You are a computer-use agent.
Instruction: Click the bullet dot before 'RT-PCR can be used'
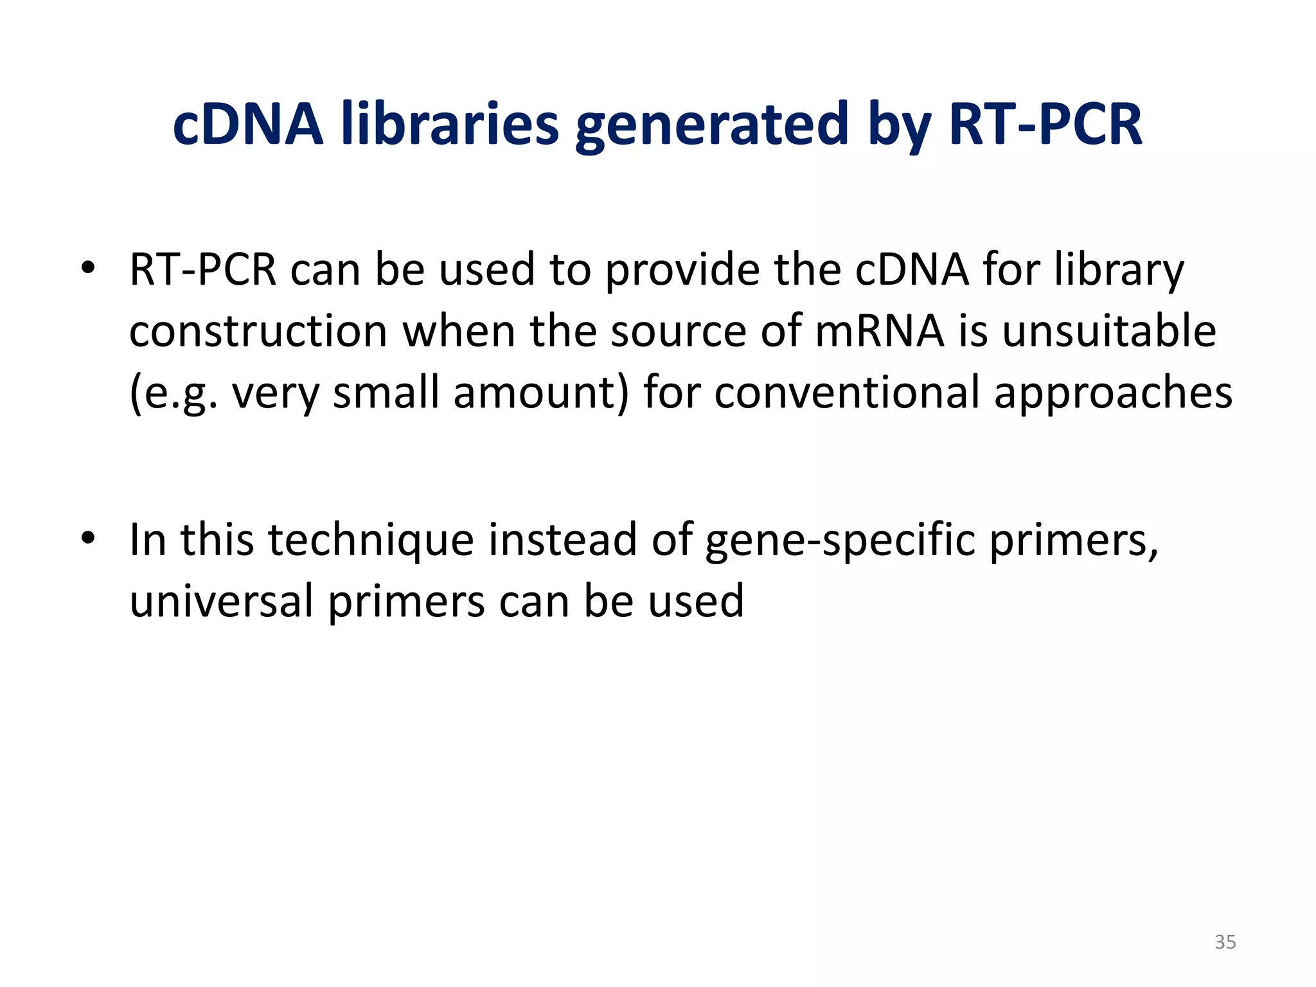tap(88, 268)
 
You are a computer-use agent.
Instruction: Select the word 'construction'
tap(258, 331)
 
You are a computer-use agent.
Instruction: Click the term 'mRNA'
tap(880, 331)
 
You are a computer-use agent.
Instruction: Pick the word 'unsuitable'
tap(1109, 331)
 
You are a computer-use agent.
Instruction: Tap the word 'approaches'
tap(1113, 393)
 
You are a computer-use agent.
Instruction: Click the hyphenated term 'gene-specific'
tap(840, 540)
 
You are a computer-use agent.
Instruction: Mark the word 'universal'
tap(222, 601)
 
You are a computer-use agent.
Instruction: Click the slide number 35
tap(1225, 942)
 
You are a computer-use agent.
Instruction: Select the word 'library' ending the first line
tap(1119, 270)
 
